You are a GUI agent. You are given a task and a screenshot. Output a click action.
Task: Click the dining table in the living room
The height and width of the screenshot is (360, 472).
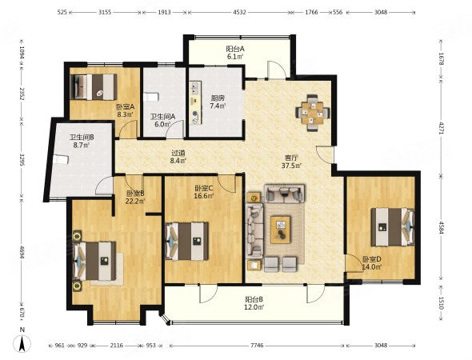[313, 113]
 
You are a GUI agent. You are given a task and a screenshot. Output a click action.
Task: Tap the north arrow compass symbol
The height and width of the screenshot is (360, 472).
[22, 341]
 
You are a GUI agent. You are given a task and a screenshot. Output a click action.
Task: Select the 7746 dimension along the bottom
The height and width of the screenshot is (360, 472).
[257, 346]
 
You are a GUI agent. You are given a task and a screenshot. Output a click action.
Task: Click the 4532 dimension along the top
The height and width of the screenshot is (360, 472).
[240, 12]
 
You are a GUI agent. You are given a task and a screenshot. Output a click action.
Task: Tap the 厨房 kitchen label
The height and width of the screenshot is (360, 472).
[218, 98]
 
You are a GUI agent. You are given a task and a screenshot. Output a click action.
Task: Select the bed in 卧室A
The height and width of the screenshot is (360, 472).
[93, 86]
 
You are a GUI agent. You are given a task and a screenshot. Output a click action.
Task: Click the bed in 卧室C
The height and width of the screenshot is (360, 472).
[186, 241]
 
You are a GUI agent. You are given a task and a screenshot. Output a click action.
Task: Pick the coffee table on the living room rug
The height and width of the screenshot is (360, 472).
[281, 230]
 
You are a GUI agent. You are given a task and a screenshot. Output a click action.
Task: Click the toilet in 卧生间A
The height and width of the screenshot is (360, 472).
[150, 97]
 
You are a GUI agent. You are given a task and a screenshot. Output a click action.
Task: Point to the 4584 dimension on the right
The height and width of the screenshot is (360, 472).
[441, 228]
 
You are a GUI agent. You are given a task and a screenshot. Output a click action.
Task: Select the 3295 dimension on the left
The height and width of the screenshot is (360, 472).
[22, 161]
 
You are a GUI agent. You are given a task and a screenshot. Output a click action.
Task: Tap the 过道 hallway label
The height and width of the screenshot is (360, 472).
[177, 153]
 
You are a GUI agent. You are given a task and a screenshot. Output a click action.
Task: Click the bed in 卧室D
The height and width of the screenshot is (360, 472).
[393, 227]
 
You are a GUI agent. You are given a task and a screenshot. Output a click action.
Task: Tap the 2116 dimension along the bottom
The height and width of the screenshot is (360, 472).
[116, 346]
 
